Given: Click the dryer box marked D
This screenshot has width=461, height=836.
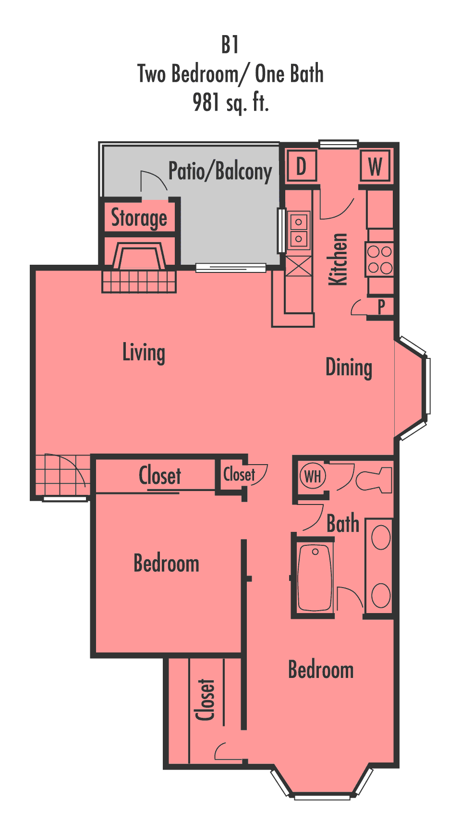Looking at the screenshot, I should tap(301, 167).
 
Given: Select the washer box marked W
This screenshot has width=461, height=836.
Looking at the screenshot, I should tap(375, 167).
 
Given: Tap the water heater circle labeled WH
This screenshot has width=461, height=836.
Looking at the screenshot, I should tap(313, 477).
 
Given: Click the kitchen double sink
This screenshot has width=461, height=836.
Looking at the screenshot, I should tap(299, 230).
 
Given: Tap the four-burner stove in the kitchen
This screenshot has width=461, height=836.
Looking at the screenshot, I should tap(380, 260).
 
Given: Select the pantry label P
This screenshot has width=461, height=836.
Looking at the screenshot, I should tap(381, 306).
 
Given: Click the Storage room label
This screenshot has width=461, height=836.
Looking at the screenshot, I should tap(139, 218).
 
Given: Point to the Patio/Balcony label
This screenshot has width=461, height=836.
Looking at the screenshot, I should tap(220, 172).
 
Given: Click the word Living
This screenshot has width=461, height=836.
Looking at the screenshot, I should tap(144, 353).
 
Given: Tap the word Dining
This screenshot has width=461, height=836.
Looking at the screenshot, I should tap(349, 368).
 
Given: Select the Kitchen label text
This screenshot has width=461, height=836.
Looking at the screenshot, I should tap(338, 259).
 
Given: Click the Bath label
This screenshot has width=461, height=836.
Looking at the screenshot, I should tap(343, 523).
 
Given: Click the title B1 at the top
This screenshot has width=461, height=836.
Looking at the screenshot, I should tap(230, 45).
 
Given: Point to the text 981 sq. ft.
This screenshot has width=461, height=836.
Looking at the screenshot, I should tap(230, 102).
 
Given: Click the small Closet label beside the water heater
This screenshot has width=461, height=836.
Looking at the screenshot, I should tap(239, 475).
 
